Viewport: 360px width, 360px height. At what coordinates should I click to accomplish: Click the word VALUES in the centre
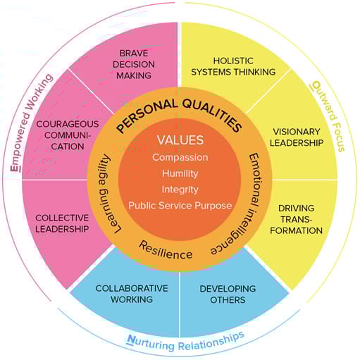(180, 140)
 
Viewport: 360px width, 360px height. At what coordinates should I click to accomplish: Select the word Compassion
(180, 157)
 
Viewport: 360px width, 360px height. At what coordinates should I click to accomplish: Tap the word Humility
(180, 173)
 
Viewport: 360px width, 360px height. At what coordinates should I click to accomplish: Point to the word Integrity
(180, 190)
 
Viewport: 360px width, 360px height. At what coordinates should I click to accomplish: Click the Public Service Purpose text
(180, 206)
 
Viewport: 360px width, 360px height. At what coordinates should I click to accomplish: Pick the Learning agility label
(106, 194)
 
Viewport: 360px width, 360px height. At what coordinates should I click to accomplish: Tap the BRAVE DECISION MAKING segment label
(134, 64)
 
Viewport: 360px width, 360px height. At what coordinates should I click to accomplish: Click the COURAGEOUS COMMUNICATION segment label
(68, 135)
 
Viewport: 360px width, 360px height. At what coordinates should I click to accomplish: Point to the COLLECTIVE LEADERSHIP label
(62, 223)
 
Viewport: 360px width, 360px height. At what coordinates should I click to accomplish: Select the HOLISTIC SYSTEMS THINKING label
(233, 66)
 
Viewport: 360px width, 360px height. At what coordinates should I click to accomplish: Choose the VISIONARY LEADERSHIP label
(297, 137)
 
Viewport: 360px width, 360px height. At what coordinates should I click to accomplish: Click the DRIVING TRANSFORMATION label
(296, 219)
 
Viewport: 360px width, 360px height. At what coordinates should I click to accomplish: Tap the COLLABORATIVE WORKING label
(132, 294)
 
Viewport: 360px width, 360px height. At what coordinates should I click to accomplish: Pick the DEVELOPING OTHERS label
(228, 294)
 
